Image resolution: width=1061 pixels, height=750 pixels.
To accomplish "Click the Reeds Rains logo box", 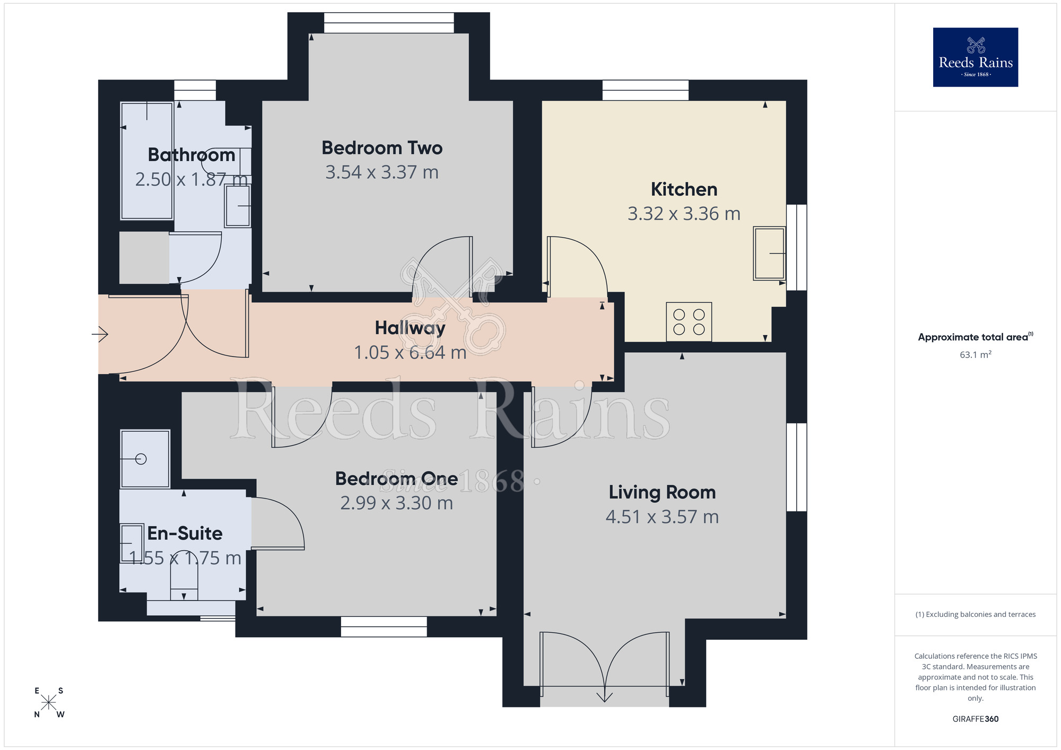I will [975, 57].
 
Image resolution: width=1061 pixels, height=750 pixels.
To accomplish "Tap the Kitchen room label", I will [684, 189].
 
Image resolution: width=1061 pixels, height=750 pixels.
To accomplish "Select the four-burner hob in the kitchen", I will [689, 322].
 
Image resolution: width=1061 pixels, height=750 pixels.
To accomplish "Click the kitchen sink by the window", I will [769, 254].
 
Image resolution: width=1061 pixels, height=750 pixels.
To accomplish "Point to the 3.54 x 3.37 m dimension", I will [381, 172].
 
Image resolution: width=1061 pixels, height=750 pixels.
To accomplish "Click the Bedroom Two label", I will [381, 148].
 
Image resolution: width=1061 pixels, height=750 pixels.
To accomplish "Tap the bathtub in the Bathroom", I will [147, 161].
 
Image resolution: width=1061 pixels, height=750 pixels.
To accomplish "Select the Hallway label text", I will [410, 328].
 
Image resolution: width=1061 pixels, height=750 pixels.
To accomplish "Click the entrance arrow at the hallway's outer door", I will [100, 334].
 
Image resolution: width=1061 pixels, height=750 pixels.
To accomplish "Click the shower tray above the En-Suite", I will [145, 459].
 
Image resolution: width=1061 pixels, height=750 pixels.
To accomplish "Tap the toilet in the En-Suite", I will [184, 578].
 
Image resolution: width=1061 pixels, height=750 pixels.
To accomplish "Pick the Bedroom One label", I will [396, 478].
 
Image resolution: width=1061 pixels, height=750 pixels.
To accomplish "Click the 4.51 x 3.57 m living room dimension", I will [662, 517].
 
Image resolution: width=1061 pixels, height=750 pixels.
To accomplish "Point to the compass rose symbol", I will [49, 703].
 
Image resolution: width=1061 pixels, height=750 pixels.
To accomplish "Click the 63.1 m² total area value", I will [975, 355].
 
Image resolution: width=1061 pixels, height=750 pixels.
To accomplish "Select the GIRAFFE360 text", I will [975, 719].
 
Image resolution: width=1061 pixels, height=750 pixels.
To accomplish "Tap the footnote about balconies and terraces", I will [975, 614].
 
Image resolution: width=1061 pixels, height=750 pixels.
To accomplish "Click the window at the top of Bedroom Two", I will [389, 23].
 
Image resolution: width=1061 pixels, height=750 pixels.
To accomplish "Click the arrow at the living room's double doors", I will [604, 696].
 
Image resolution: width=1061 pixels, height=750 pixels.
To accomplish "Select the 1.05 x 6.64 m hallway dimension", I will [410, 353].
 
